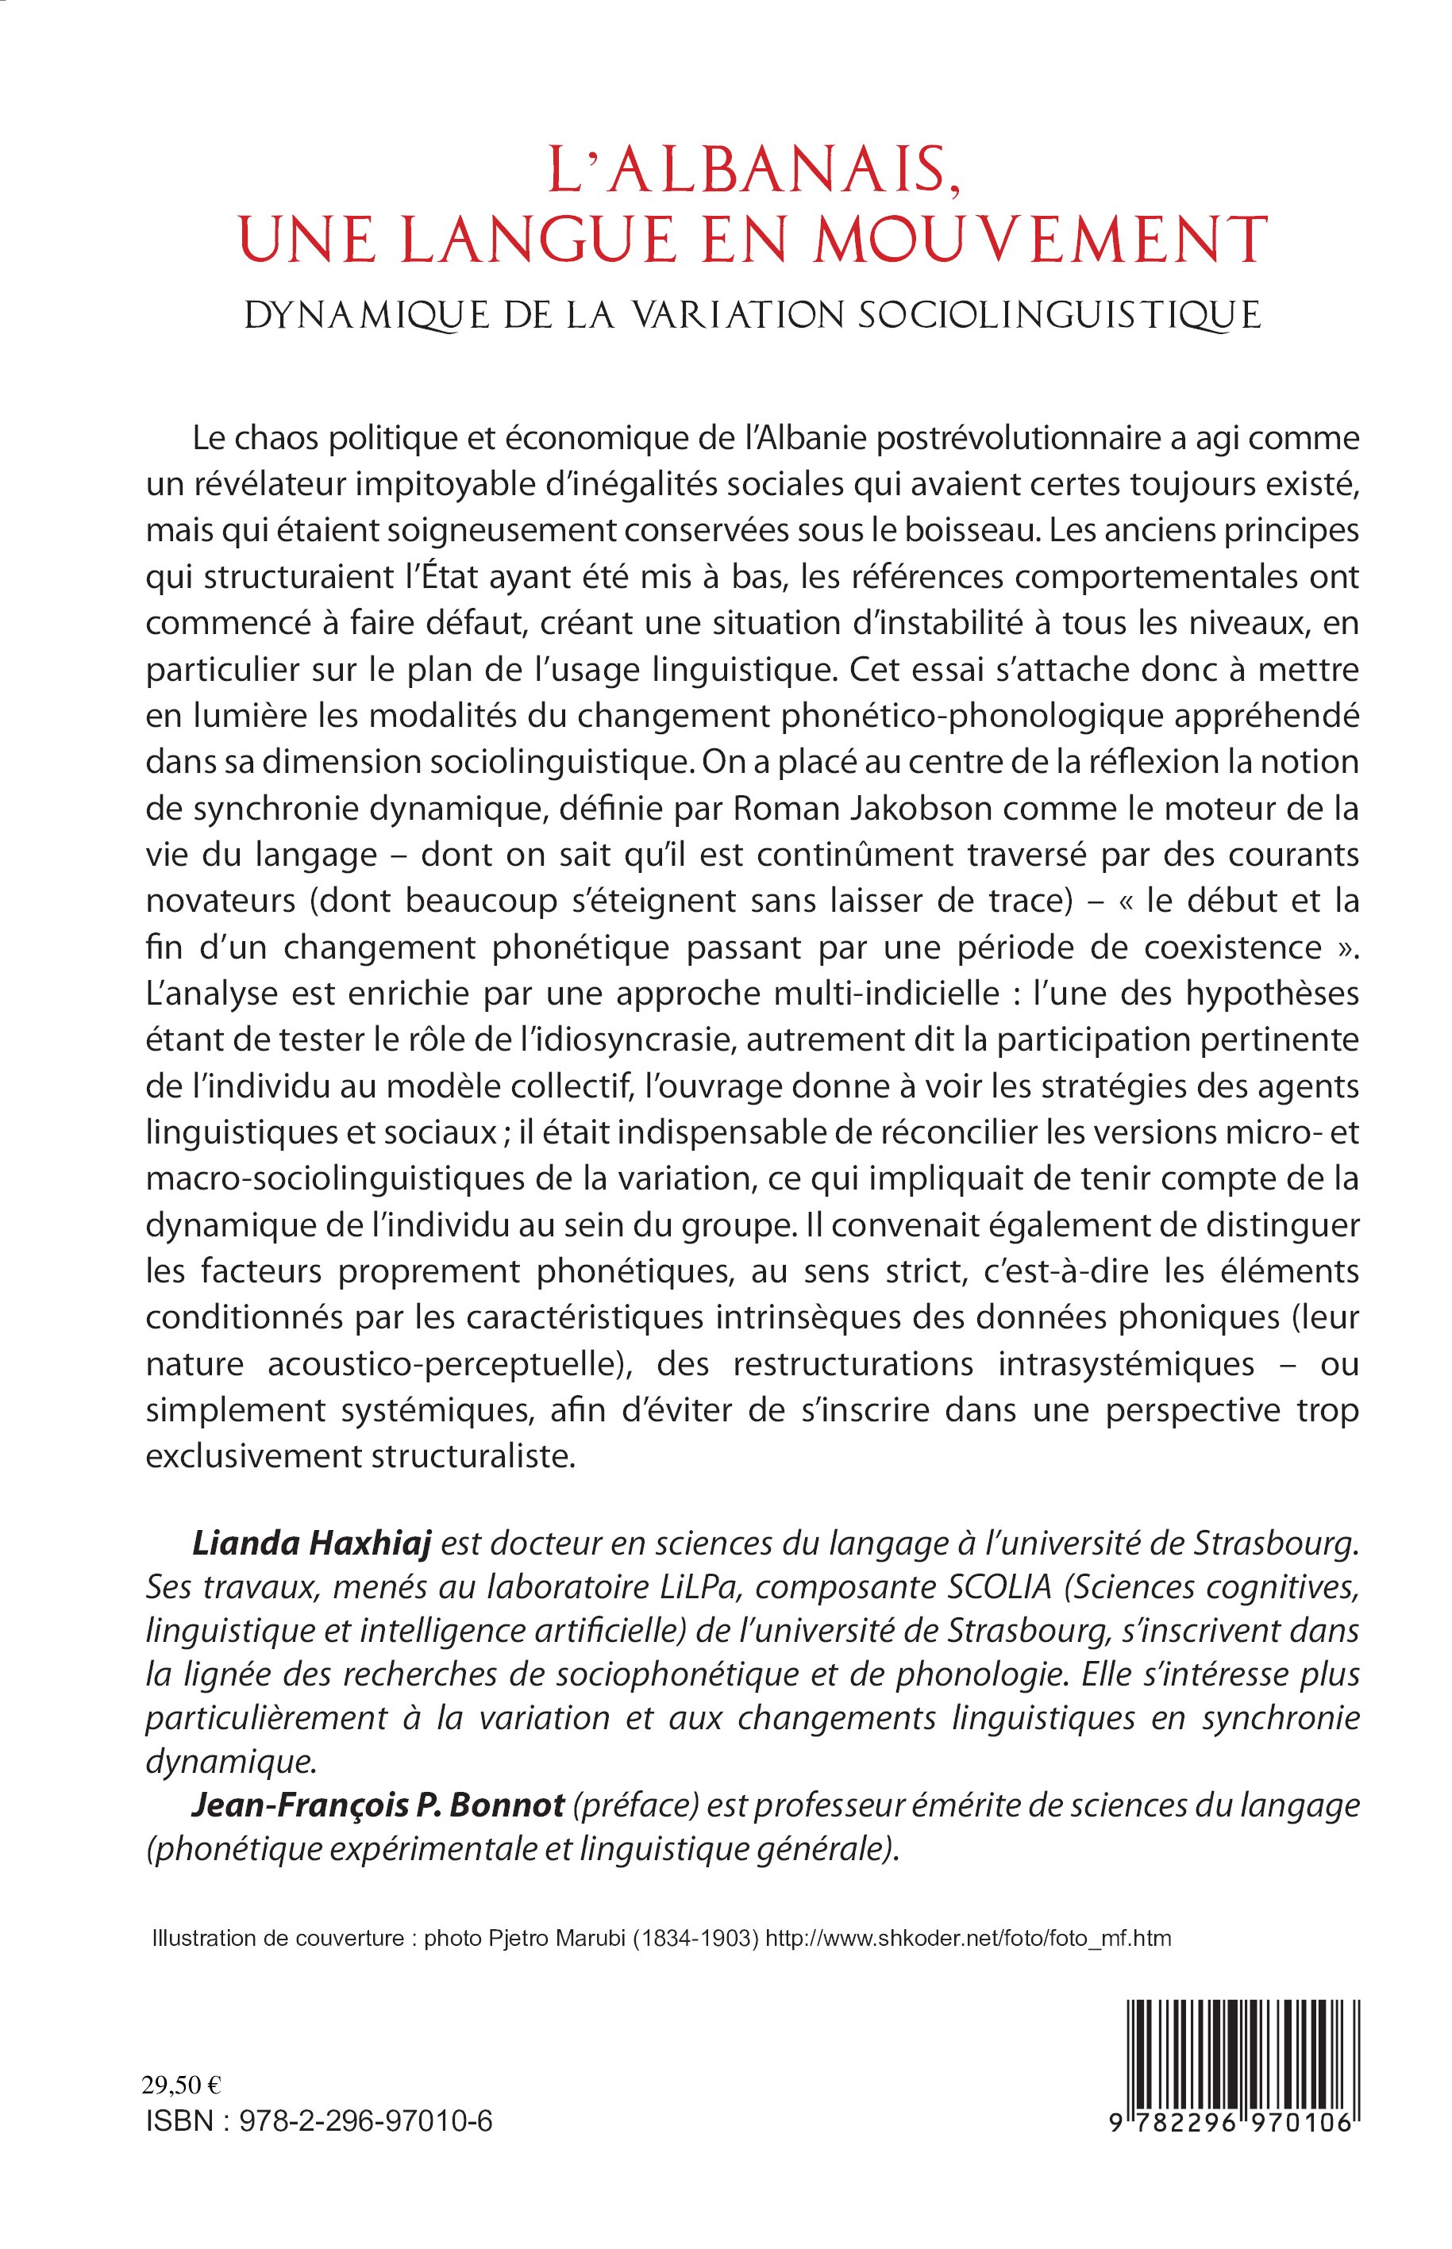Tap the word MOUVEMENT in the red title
1040,241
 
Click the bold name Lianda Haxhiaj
311,1545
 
